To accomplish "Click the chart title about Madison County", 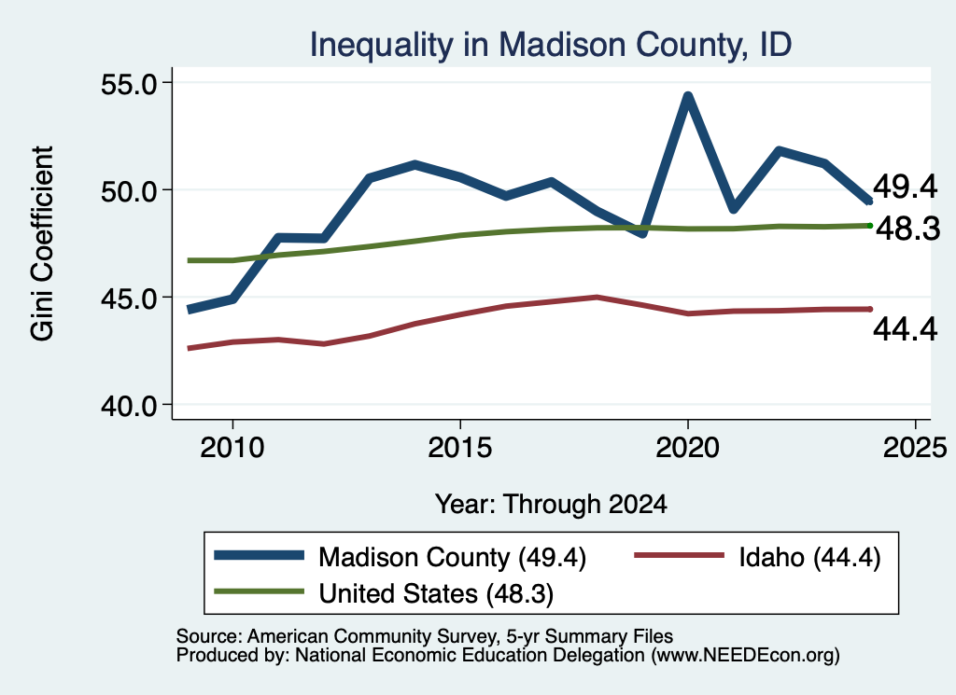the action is (x=551, y=45).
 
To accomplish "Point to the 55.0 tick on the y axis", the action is (x=129, y=83).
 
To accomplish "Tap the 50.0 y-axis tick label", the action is (x=129, y=191).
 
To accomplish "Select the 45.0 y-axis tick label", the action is (x=129, y=299).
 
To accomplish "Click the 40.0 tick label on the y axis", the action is (x=129, y=406).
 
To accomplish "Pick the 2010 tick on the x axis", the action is (x=232, y=448).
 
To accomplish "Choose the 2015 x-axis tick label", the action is (x=459, y=448).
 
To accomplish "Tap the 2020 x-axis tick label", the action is (x=688, y=448).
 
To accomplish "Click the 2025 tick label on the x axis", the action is (x=915, y=448).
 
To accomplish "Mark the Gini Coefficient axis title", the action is (x=43, y=243).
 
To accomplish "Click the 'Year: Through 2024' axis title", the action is (x=551, y=505).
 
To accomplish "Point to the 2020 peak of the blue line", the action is (x=688, y=96).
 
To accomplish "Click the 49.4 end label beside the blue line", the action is (x=905, y=187).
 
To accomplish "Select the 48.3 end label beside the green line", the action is (x=907, y=229).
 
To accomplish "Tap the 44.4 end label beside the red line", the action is (x=905, y=329).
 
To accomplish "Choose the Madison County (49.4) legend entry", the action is (x=400, y=557).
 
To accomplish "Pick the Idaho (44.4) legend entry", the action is (x=758, y=557).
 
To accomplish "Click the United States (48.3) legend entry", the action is (x=384, y=593).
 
